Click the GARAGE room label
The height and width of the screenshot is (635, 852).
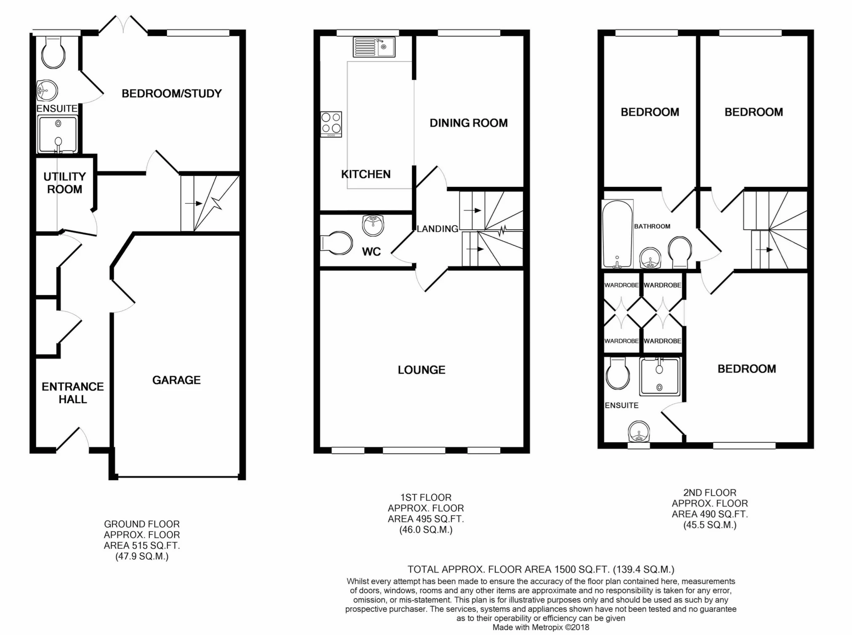176,380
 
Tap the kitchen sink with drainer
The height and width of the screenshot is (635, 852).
374,47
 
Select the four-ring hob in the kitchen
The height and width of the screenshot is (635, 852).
331,124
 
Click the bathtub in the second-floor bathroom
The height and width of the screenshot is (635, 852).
617,234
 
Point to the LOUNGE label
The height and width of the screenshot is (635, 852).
422,370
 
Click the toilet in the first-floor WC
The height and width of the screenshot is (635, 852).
337,243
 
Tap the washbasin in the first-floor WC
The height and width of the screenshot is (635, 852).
373,226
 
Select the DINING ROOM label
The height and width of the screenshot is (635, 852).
469,123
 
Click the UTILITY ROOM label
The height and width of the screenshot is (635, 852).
65,183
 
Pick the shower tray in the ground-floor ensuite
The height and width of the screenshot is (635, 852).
58,134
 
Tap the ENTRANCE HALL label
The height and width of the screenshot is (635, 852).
73,393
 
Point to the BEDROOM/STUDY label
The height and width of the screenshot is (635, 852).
172,93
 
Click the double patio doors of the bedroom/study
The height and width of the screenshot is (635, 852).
123,24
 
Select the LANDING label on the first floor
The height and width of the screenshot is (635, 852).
438,228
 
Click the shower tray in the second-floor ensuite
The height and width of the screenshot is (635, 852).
659,377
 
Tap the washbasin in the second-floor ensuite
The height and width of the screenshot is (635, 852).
639,432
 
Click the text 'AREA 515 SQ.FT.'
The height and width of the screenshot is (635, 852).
142,545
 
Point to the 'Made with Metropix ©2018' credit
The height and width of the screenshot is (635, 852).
541,627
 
